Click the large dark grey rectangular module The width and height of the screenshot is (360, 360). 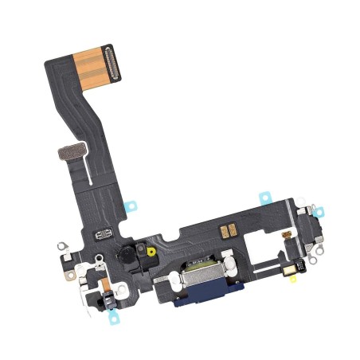coord(311,232)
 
